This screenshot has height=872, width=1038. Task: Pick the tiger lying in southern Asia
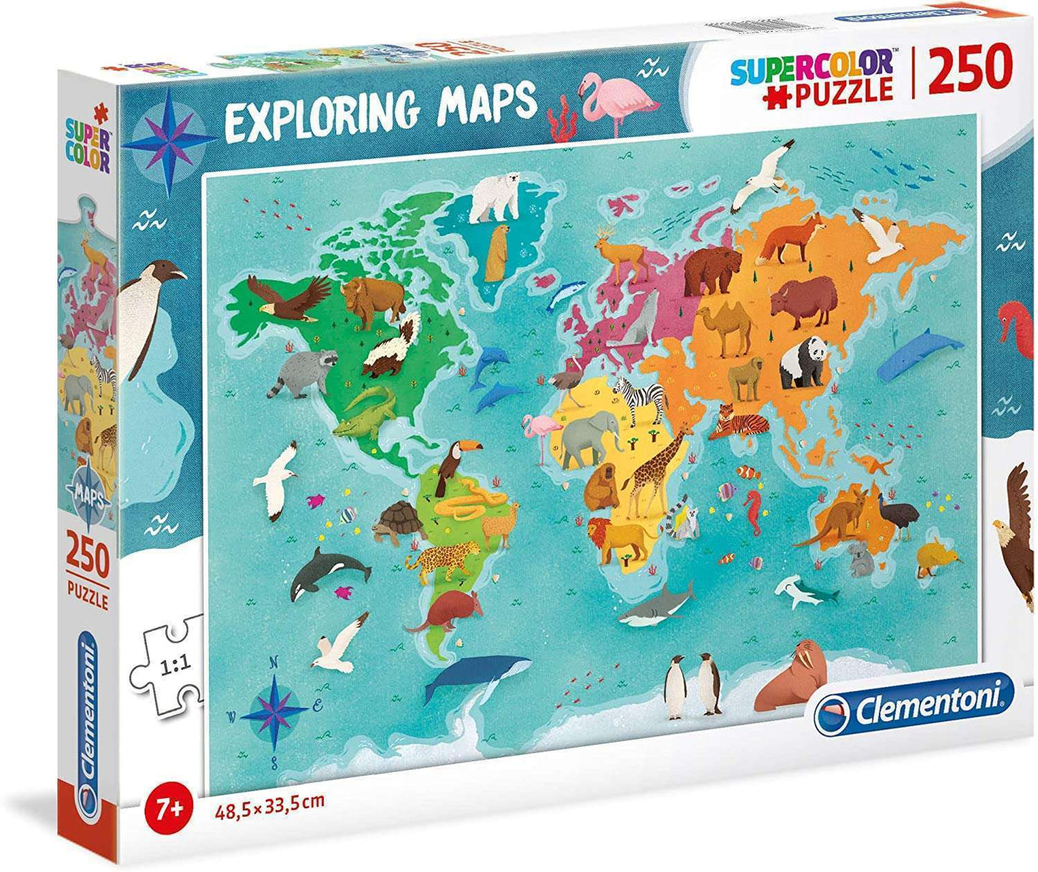point(740,422)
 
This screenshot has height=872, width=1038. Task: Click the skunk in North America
point(391,348)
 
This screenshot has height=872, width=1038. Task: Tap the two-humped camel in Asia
point(728,326)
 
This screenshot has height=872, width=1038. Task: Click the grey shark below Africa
point(657,603)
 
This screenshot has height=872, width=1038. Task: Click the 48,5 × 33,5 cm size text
point(269,800)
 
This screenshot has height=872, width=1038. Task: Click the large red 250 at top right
point(970,69)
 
